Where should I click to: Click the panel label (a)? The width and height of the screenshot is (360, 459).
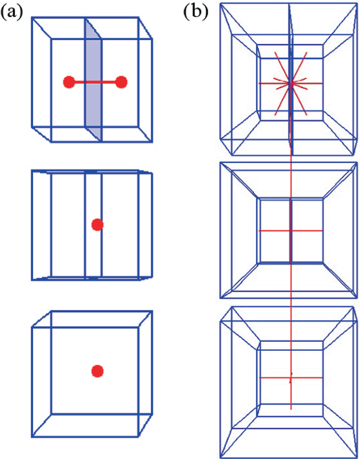coord(12,12)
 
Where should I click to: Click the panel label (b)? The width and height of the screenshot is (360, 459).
coord(196,12)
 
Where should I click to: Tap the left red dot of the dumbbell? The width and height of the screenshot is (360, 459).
coord(69,83)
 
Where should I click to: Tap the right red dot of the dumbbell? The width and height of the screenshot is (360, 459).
coord(121,83)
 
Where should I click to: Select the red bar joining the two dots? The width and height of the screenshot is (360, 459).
coord(95,83)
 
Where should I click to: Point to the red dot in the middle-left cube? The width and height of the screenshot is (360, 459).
coord(97,225)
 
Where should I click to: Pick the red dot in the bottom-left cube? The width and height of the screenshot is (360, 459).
coord(97,371)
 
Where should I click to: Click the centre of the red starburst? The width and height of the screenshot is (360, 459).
coord(291,84)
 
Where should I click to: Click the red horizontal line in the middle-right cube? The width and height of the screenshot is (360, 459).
coord(291,231)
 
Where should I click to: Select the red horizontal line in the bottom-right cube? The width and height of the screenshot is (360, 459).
coord(291,378)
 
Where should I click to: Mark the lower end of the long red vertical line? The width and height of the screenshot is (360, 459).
coord(291,409)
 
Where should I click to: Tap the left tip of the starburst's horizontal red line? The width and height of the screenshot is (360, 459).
coord(259,84)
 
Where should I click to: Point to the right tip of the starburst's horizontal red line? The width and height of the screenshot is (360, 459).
coord(322,84)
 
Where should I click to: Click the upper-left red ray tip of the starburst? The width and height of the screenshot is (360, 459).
coord(274,52)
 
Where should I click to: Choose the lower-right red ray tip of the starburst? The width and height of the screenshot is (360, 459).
coord(307,115)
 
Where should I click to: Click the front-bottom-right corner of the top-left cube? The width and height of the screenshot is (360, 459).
coord(152,142)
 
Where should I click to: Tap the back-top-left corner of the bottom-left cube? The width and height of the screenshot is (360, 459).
coord(52,311)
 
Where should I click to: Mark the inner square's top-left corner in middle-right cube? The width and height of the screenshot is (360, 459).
coord(258,199)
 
